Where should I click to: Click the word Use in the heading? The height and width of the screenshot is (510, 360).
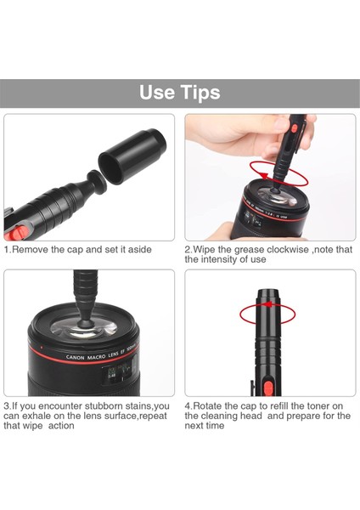pos(156,93)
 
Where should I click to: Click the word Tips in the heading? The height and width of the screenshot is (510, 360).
pos(199,93)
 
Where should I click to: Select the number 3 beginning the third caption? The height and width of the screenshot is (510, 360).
pos(6,406)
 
